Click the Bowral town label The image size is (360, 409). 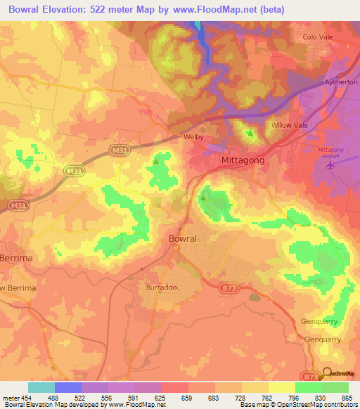coord(183,239)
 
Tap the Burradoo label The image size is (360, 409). coord(160,288)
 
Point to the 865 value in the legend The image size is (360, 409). coord(347,397)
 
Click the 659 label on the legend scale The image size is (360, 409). coord(188,397)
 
